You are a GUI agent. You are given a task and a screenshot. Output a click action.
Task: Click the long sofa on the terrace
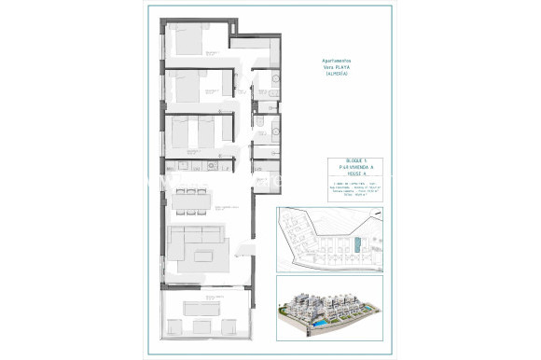coord(206,307)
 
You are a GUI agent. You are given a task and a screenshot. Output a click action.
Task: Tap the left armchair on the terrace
coord(173,327)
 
